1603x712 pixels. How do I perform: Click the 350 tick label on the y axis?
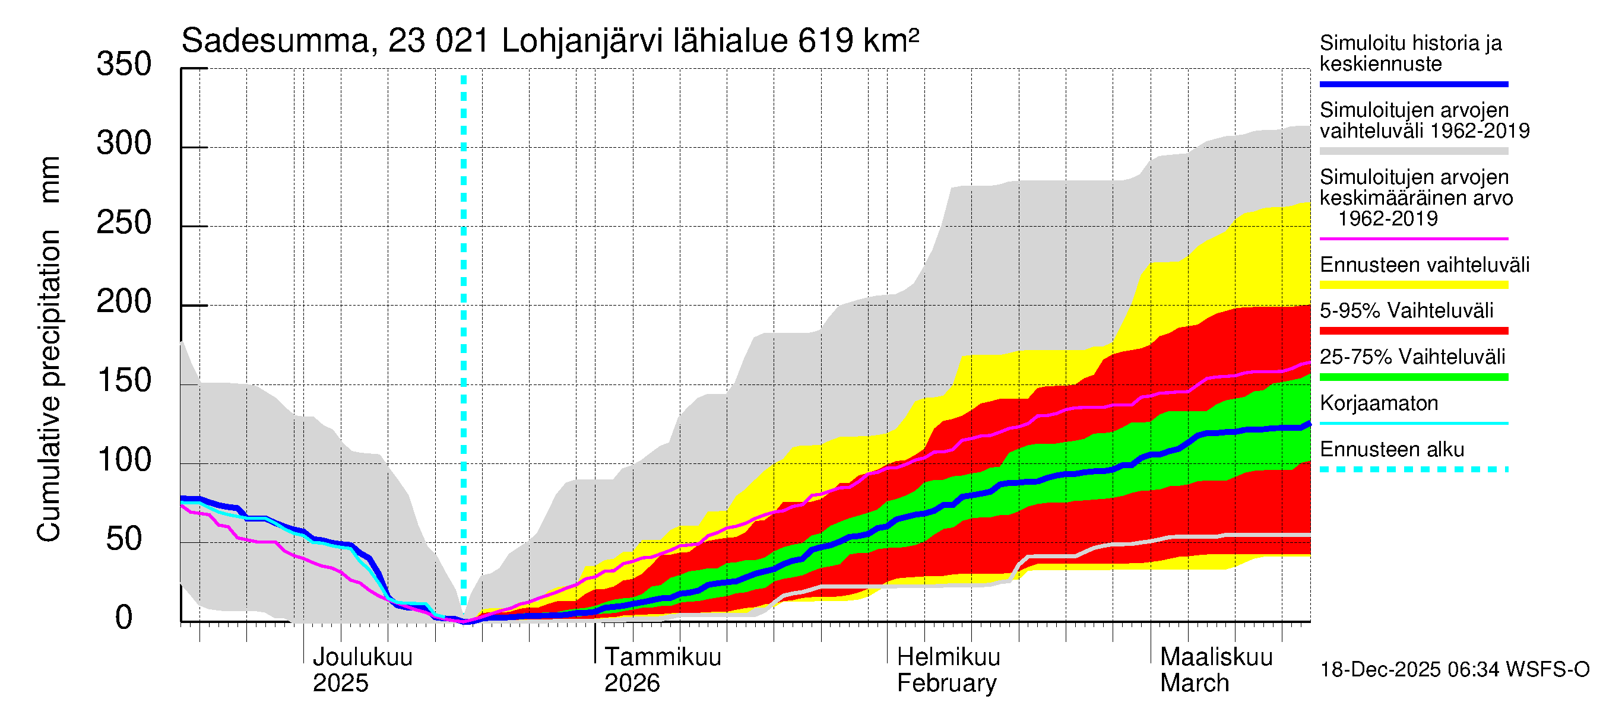tap(124, 65)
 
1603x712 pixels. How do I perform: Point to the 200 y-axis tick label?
tap(124, 302)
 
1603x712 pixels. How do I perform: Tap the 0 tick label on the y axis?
tap(124, 618)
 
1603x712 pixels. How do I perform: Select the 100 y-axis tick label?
tap(124, 460)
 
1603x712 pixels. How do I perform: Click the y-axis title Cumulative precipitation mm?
tap(49, 348)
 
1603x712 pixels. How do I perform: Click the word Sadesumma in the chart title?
tap(275, 42)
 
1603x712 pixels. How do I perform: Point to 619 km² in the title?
tap(858, 42)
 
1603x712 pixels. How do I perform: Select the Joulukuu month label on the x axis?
tap(362, 657)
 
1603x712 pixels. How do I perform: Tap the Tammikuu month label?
tap(663, 657)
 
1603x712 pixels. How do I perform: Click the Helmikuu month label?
tap(948, 657)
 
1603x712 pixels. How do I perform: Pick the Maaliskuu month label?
tap(1216, 657)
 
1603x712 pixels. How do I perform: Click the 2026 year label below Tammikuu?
tap(632, 684)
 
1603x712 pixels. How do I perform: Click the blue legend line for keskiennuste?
tap(1414, 84)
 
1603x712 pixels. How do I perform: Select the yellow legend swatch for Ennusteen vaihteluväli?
tap(1414, 285)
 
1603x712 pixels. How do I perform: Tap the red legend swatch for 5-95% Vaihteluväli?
tap(1414, 331)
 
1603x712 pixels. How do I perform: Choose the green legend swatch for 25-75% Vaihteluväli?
tap(1414, 377)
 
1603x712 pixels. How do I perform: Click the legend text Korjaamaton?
tap(1379, 403)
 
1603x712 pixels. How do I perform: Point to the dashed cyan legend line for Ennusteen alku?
tap(1414, 469)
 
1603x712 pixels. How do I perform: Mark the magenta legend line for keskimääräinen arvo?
tap(1414, 239)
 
